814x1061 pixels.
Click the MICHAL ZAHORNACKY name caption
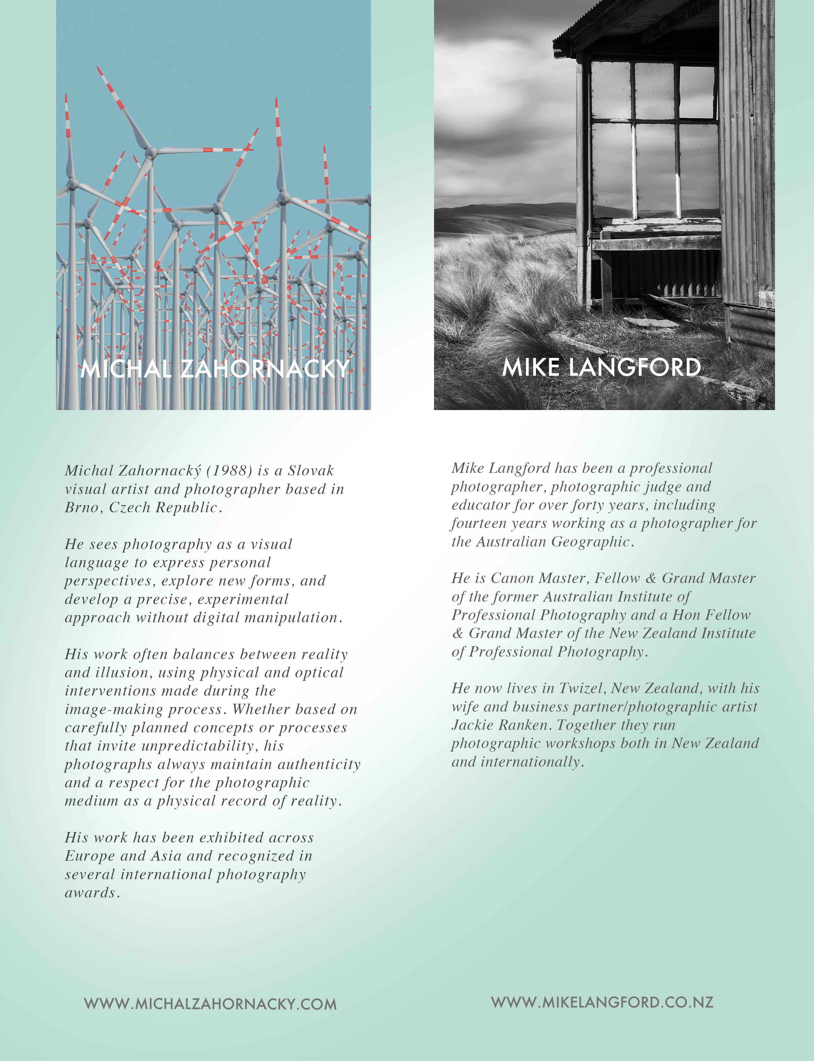[214, 369]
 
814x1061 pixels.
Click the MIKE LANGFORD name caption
[601, 367]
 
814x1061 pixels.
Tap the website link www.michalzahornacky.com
[210, 1004]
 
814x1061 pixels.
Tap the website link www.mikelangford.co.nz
[602, 1002]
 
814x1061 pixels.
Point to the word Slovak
[310, 470]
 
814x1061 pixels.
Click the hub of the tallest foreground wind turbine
[151, 153]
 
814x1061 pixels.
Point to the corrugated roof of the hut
[630, 19]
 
